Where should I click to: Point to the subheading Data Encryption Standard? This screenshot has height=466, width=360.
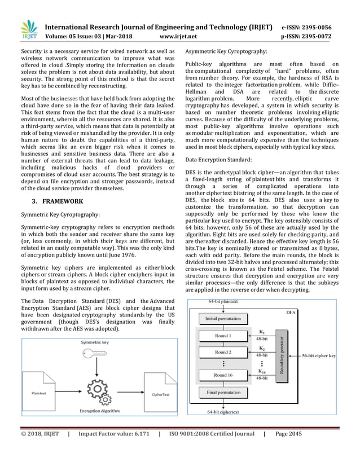pos(214,160)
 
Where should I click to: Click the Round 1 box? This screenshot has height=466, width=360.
pos(222,336)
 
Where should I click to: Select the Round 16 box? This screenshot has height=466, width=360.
pos(222,375)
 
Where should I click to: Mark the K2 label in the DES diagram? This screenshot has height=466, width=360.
pos(262,349)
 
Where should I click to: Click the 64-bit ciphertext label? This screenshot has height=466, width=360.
pos(222,412)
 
